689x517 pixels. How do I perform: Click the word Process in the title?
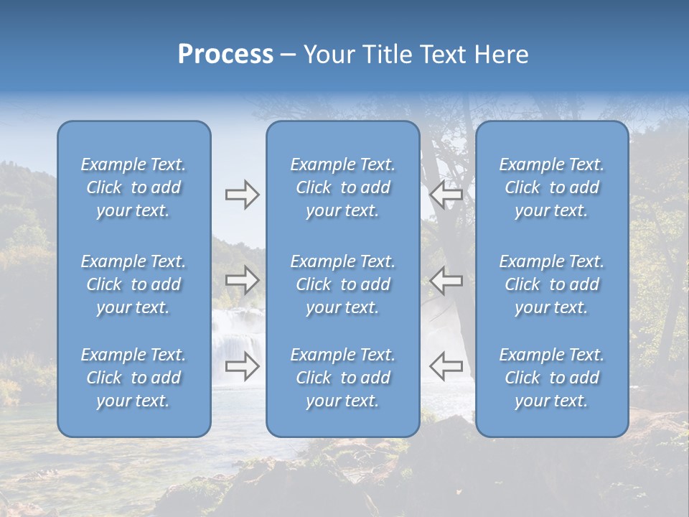[x=225, y=55]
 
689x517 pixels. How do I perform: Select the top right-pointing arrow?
[x=242, y=195]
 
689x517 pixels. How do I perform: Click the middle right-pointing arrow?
[x=242, y=280]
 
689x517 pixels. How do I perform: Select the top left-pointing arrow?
[x=446, y=195]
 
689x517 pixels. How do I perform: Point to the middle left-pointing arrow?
[x=446, y=280]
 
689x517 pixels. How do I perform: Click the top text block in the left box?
[x=133, y=187]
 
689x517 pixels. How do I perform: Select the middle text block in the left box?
[x=133, y=284]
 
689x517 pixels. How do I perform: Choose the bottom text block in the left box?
[x=133, y=378]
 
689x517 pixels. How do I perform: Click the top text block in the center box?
[x=343, y=187]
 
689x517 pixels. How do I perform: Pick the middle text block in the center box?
[x=343, y=284]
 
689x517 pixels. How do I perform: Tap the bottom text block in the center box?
[x=343, y=378]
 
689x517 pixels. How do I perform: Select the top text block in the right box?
[x=552, y=187]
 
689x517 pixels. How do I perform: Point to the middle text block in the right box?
[x=552, y=284]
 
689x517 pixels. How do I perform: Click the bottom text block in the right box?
[x=552, y=378]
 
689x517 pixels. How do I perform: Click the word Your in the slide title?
[x=329, y=55]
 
